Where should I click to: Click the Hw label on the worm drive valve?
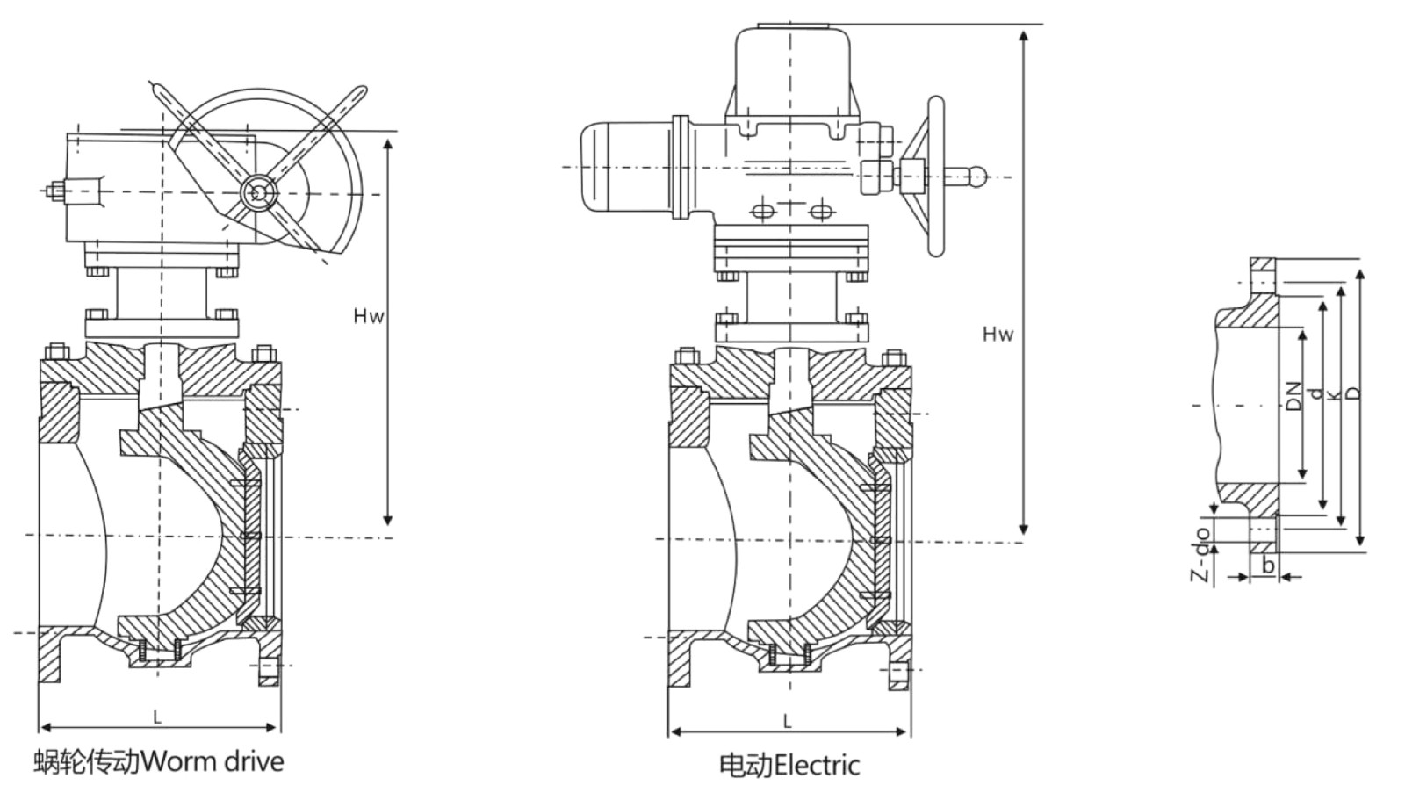point(369,316)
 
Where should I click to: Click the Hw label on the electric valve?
point(998,334)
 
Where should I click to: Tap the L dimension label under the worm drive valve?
point(158,717)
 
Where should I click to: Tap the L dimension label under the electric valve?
point(788,722)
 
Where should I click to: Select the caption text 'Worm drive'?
point(213,760)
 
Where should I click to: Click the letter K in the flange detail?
point(1334,396)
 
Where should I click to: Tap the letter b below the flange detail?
point(1267,566)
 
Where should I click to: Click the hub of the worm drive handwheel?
point(258,193)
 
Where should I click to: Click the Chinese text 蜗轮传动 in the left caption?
point(87,760)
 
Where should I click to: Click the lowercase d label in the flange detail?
point(1315,393)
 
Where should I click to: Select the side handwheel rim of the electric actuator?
point(936,176)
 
